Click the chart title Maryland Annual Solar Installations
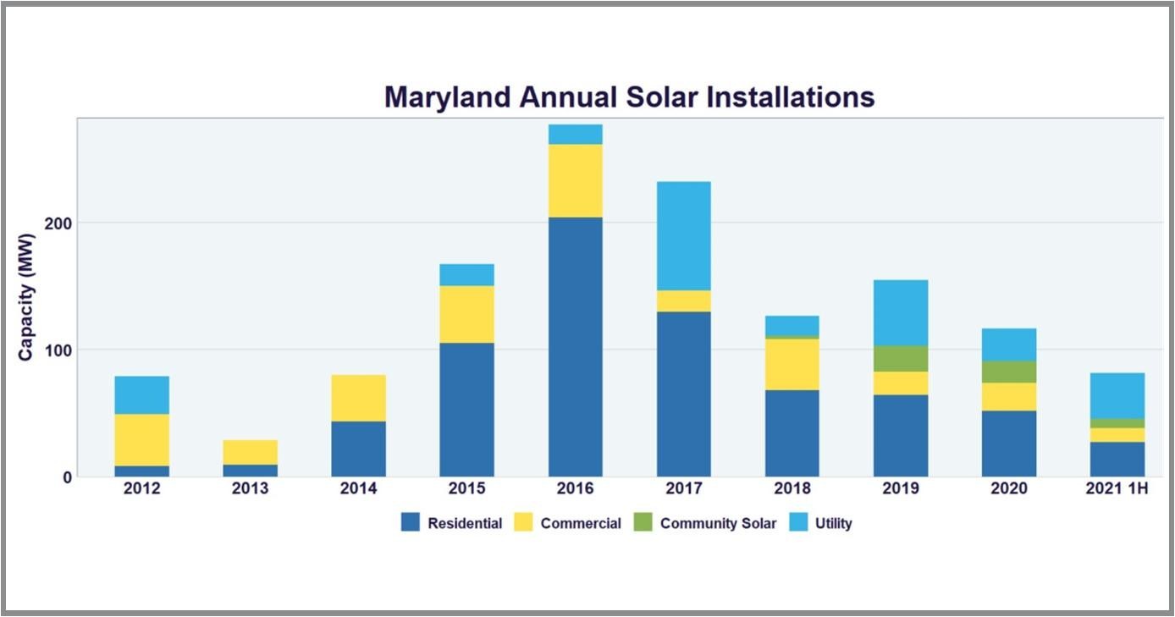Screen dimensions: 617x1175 point(629,96)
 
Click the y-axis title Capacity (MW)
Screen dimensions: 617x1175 point(26,296)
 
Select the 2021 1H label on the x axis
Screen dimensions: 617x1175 point(1117,489)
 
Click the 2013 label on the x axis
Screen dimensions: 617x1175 point(250,489)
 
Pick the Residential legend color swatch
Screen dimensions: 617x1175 point(411,523)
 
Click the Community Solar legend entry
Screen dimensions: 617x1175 point(718,523)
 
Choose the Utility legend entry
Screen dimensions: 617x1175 point(833,523)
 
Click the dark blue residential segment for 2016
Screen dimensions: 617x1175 point(575,347)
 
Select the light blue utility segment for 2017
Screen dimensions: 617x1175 point(683,236)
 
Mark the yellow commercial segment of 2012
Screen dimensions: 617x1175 point(141,439)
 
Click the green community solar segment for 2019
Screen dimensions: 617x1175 point(900,358)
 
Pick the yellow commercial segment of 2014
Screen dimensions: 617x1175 point(358,398)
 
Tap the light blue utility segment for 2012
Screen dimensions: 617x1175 point(141,394)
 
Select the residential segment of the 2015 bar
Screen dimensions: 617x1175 point(466,410)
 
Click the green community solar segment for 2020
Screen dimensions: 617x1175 point(1008,372)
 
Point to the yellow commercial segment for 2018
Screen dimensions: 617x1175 point(792,364)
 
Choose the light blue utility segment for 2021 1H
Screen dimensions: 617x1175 point(1117,395)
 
